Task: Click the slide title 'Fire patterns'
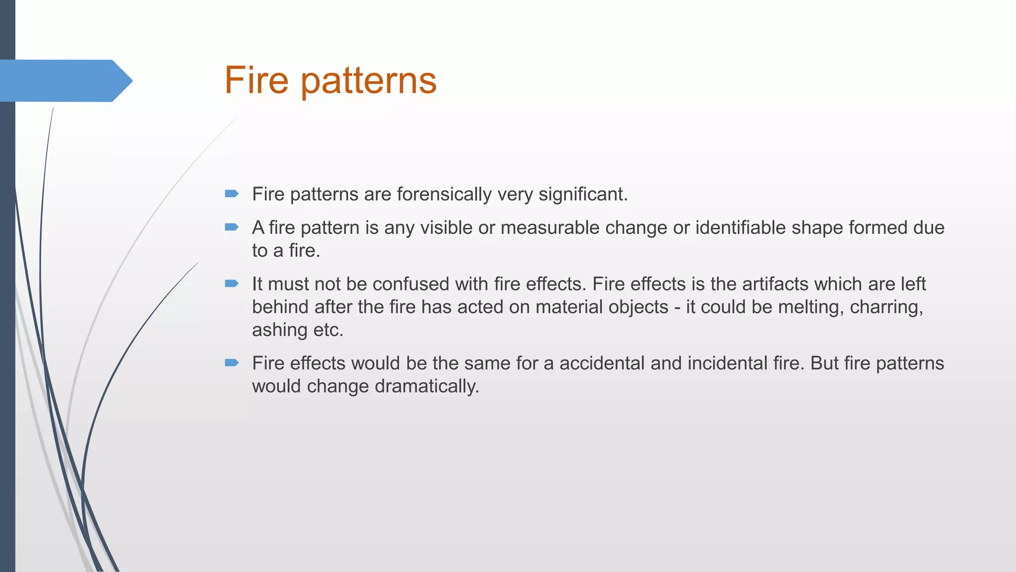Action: point(330,80)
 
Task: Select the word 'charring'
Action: point(886,307)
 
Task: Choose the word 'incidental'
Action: point(718,363)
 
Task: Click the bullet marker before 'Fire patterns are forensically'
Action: point(232,194)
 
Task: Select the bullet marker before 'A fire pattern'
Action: point(232,227)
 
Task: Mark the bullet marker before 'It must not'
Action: point(232,284)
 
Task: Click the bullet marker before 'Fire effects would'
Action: point(232,363)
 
